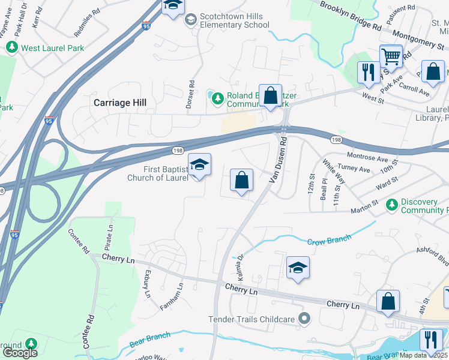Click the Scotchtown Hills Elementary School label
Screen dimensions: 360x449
tap(235, 21)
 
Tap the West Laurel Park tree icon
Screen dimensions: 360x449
tap(10, 47)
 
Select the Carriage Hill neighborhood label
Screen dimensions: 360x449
tap(120, 103)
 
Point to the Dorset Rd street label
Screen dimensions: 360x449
tap(191, 95)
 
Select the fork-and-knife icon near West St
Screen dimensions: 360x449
tap(366, 72)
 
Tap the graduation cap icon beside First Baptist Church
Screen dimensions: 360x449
tap(199, 164)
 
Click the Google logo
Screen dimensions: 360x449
tap(20, 353)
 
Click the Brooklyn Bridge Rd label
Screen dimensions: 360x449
tap(351, 16)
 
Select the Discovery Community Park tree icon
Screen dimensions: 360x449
tap(392, 205)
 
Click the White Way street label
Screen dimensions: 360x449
tap(334, 171)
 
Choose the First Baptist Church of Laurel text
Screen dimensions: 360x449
tap(158, 174)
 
